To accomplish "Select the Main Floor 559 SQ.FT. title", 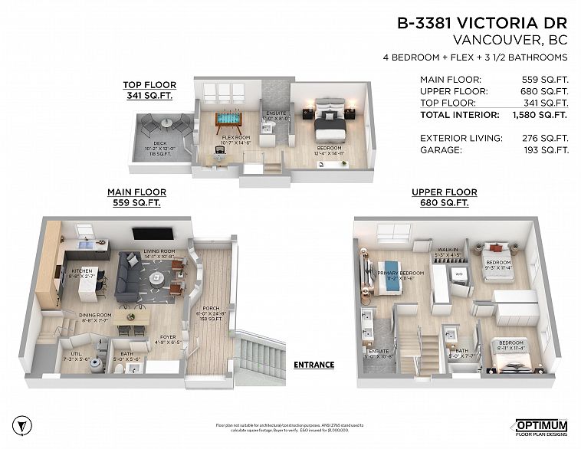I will [x=137, y=198].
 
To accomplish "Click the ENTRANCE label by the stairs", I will [x=313, y=365].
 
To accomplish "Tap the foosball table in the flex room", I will [x=227, y=120].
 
